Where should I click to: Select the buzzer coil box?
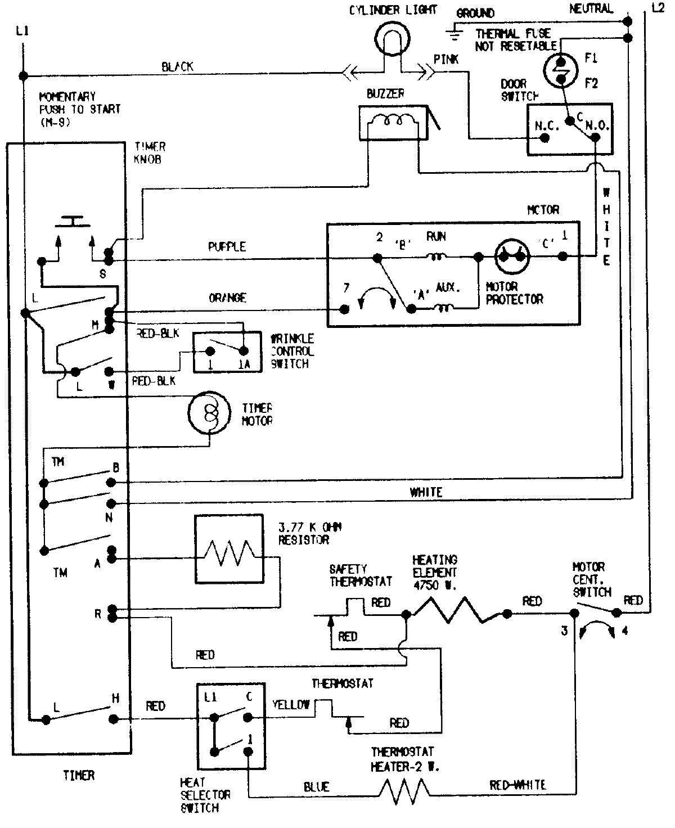pos(393,123)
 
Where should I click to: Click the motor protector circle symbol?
pos(512,256)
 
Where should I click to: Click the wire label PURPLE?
pos(227,247)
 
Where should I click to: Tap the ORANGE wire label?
pos(227,298)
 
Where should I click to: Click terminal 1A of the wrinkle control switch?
pos(243,352)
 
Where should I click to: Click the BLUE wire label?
pos(316,787)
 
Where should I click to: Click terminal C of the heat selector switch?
pos(247,717)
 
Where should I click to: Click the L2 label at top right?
pos(657,8)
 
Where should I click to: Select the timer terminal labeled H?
pos(114,718)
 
